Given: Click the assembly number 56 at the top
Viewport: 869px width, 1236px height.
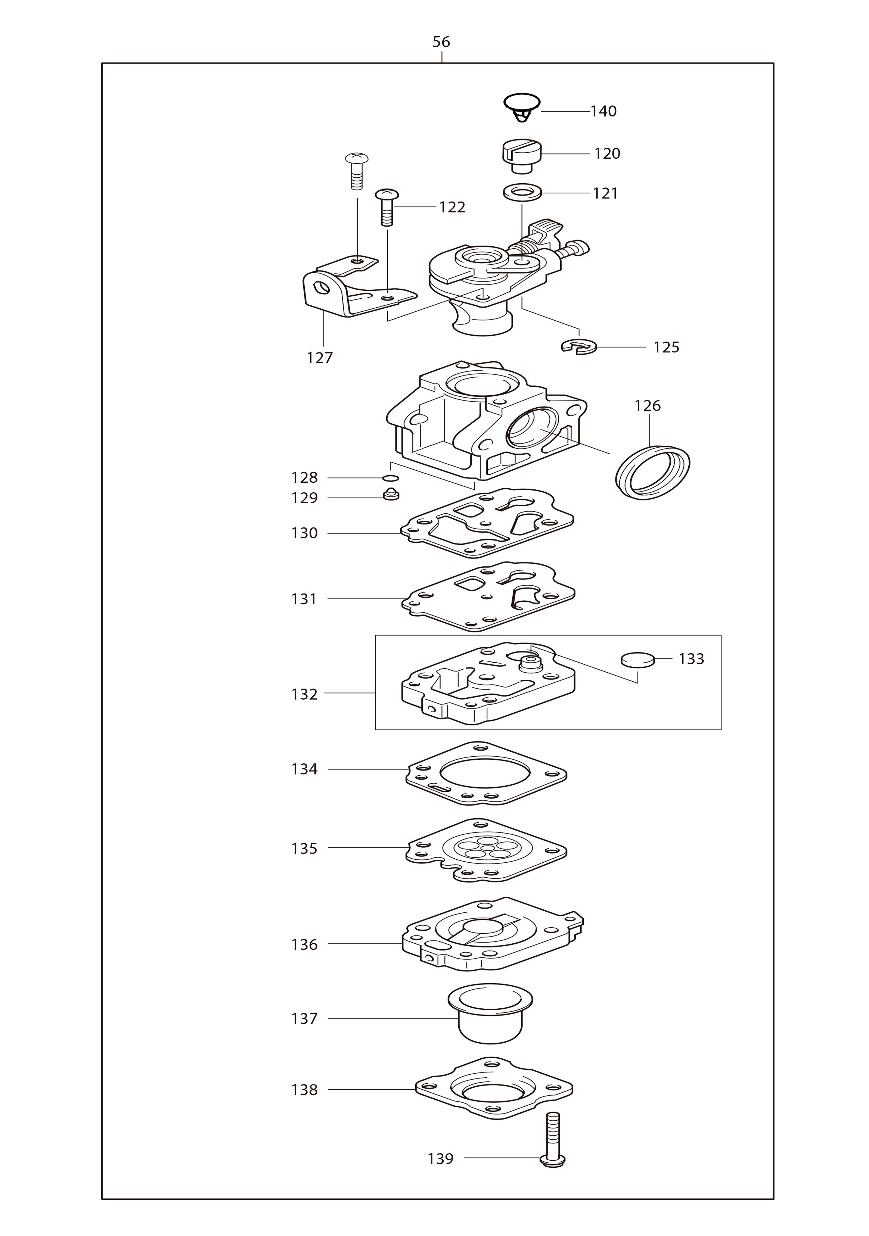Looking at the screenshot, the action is coord(441,42).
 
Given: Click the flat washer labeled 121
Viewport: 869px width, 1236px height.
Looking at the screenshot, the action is coord(521,192).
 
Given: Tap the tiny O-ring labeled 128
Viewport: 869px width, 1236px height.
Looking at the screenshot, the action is coord(390,478).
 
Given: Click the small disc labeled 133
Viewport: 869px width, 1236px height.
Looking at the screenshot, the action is coord(637,660).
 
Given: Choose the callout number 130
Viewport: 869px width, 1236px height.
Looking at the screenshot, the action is coord(305,533).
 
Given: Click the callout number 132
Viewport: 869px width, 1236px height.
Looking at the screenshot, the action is coord(305,694).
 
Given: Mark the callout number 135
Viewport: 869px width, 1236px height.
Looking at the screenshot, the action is coord(305,849).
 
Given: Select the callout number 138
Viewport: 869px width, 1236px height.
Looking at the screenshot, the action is coord(305,1090).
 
